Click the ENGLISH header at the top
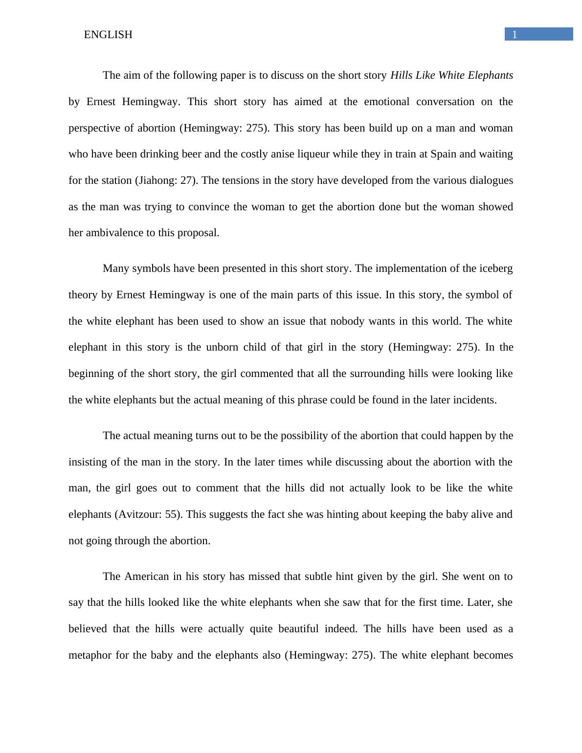tap(108, 35)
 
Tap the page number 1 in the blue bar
tap(515, 34)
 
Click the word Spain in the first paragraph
tap(444, 154)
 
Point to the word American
tap(147, 576)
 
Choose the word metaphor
tap(90, 655)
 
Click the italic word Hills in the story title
tap(402, 75)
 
